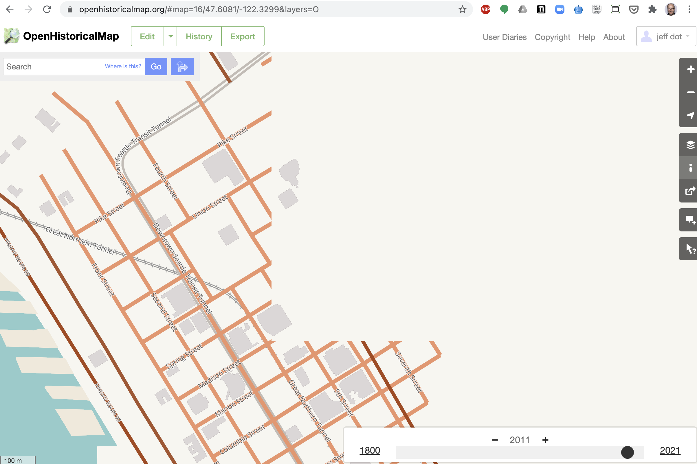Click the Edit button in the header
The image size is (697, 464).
tap(147, 36)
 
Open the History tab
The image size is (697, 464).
tap(199, 36)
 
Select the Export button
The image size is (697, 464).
tap(243, 36)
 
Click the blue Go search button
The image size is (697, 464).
tap(156, 67)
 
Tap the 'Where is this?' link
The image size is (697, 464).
tap(123, 66)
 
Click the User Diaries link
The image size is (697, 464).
tap(505, 37)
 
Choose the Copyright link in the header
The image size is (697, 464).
tap(552, 37)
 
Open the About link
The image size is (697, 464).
tap(614, 37)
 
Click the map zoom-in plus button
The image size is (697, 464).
tap(690, 69)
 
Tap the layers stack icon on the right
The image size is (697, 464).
tap(690, 145)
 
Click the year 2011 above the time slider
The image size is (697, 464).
tap(520, 440)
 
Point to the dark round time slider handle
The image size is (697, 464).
tap(627, 452)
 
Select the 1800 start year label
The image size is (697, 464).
tap(370, 450)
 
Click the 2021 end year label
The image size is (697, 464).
tap(670, 450)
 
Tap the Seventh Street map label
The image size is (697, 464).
tap(409, 372)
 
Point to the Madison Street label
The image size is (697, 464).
tap(219, 374)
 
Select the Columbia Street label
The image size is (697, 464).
tap(242, 439)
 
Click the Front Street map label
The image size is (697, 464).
tap(103, 279)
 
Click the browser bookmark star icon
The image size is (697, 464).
tap(462, 10)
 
